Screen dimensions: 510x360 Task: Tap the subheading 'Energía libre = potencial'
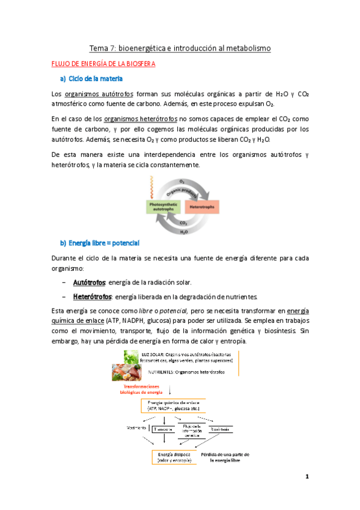104,243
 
